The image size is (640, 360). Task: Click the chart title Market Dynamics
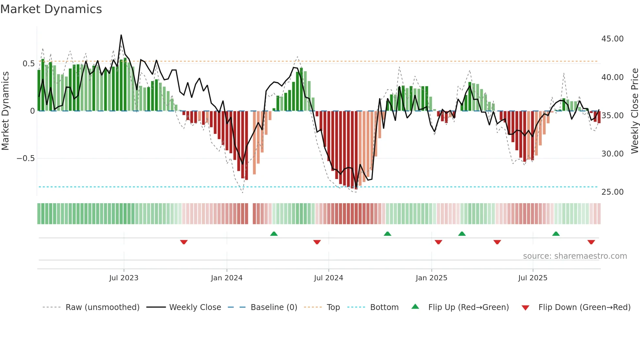[51, 9]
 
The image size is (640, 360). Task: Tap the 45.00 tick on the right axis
[612, 39]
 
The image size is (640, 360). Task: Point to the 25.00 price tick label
[612, 192]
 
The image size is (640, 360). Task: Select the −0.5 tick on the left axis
[25, 158]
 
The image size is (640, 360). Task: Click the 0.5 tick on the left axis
[28, 64]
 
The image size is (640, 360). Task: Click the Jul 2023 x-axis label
[124, 278]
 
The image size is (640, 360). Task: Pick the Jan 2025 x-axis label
[431, 278]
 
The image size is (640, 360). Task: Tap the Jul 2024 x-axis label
[328, 278]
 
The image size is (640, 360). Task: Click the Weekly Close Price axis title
[634, 111]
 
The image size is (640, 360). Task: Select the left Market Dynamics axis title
[5, 111]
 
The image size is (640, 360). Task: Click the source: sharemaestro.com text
[575, 256]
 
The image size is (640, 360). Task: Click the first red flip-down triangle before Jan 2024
[184, 242]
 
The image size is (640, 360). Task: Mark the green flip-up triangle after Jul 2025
[556, 234]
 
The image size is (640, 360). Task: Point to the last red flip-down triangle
[591, 242]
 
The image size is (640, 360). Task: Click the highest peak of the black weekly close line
[121, 35]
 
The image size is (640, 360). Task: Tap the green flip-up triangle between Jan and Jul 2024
[274, 234]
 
